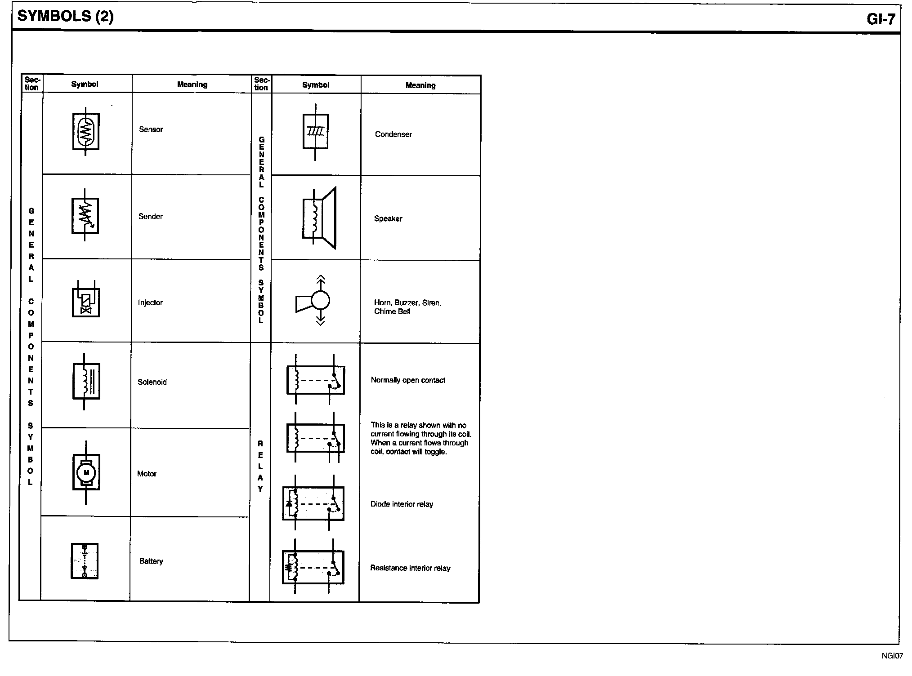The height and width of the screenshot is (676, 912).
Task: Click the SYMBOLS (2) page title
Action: (65, 16)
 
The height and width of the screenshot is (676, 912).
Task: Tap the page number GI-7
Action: (881, 19)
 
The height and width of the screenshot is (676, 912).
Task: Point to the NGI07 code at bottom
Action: (892, 656)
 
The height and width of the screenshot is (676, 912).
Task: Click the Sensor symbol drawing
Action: (86, 131)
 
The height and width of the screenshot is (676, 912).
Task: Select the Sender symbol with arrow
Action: (85, 215)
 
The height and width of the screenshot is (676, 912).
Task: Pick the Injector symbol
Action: (86, 299)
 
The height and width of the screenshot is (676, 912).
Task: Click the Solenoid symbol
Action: (86, 382)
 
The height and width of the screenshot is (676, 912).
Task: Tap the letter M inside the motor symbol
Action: (86, 472)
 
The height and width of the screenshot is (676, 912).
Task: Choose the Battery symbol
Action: (85, 561)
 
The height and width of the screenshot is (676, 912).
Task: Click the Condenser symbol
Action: (316, 132)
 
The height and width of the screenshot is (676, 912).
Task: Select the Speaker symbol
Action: (319, 218)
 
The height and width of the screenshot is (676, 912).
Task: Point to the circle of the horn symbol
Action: (320, 300)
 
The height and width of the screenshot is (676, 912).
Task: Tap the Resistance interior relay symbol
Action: (313, 567)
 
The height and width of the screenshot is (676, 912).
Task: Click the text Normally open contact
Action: (408, 380)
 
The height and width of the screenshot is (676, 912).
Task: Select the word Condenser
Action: (393, 134)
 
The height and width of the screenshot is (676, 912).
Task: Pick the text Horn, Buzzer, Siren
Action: (408, 303)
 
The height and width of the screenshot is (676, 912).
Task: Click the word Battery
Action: (151, 561)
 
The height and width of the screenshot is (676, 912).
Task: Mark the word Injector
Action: (150, 303)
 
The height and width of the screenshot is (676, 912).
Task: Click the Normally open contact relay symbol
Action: (316, 379)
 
